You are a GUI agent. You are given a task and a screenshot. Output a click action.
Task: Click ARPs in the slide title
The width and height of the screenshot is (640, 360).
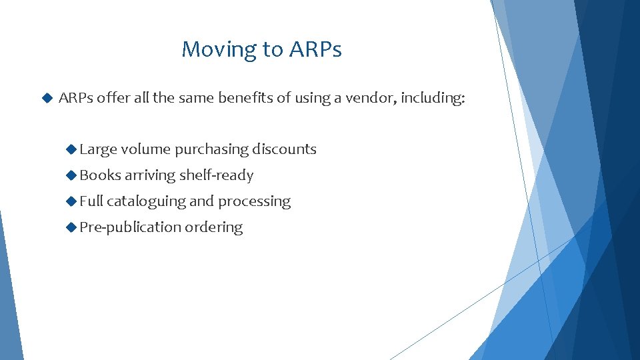pyautogui.click(x=315, y=49)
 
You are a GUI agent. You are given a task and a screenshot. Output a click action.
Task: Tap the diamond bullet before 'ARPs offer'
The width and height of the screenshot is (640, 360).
pyautogui.click(x=47, y=98)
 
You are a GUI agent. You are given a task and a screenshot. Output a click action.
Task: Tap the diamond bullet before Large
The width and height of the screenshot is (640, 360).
pyautogui.click(x=72, y=149)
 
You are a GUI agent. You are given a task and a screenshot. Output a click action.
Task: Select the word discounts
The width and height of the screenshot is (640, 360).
pyautogui.click(x=284, y=149)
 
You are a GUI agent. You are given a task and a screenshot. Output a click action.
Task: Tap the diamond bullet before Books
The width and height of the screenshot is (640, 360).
pyautogui.click(x=72, y=175)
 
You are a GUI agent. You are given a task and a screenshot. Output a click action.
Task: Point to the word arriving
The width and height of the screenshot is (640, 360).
pyautogui.click(x=151, y=176)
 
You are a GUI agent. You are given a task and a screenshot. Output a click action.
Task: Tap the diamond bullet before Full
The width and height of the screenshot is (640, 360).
pyautogui.click(x=72, y=201)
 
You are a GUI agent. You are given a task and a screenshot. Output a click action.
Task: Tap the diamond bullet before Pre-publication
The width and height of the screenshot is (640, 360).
pyautogui.click(x=72, y=227)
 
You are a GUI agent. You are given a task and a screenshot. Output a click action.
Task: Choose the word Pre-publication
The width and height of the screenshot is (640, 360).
pyautogui.click(x=130, y=227)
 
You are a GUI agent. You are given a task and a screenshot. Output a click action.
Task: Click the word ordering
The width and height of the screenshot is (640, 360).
pyautogui.click(x=213, y=227)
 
